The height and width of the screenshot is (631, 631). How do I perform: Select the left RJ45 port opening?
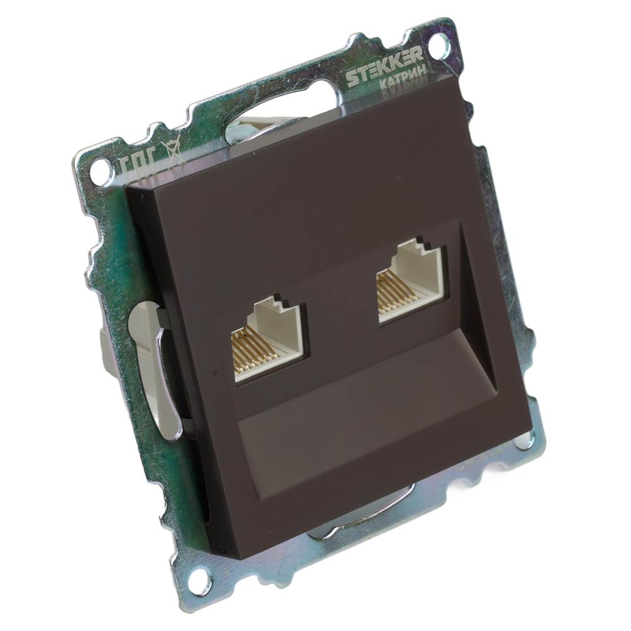[269, 341]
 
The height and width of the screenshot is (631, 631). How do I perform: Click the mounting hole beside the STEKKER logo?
[439, 45]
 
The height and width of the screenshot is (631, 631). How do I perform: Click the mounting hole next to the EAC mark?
[99, 170]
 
